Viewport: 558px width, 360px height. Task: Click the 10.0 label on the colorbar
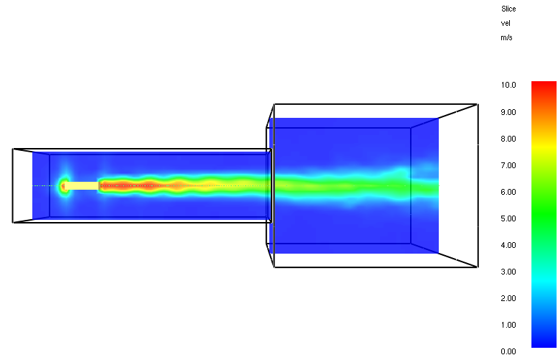click(508, 85)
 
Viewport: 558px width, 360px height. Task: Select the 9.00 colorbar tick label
click(508, 111)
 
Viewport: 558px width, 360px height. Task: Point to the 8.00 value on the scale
click(508, 138)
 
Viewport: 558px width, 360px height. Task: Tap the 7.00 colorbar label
click(508, 165)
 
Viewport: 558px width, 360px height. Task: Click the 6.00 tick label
click(508, 192)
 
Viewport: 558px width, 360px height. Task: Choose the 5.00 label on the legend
click(508, 218)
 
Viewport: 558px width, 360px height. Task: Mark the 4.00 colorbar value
click(508, 245)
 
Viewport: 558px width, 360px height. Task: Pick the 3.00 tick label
click(508, 272)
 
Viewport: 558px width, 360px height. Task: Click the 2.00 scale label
click(508, 298)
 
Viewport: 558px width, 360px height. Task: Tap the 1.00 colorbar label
click(508, 325)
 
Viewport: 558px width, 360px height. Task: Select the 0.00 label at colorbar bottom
click(508, 351)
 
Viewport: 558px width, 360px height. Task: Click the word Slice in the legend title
click(508, 9)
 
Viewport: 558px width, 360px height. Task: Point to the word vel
click(506, 23)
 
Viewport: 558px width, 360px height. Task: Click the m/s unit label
click(507, 37)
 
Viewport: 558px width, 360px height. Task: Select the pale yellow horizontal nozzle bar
click(82, 185)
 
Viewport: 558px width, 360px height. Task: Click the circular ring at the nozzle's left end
click(64, 185)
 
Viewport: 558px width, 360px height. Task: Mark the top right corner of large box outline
click(478, 104)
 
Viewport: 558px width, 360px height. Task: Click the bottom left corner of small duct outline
click(13, 223)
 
